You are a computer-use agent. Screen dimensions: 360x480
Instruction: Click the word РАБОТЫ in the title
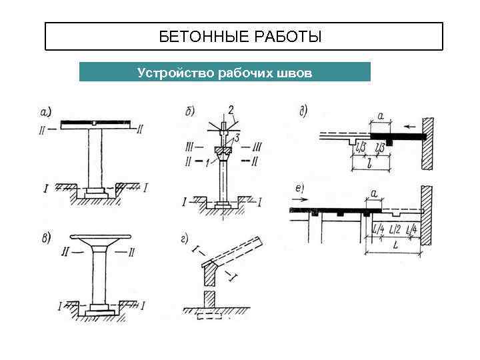coord(288,37)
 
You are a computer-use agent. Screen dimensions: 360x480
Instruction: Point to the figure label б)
coord(189,111)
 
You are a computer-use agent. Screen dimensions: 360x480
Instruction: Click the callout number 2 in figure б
coord(230,109)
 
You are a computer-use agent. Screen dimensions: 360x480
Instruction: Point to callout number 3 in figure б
coord(238,137)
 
